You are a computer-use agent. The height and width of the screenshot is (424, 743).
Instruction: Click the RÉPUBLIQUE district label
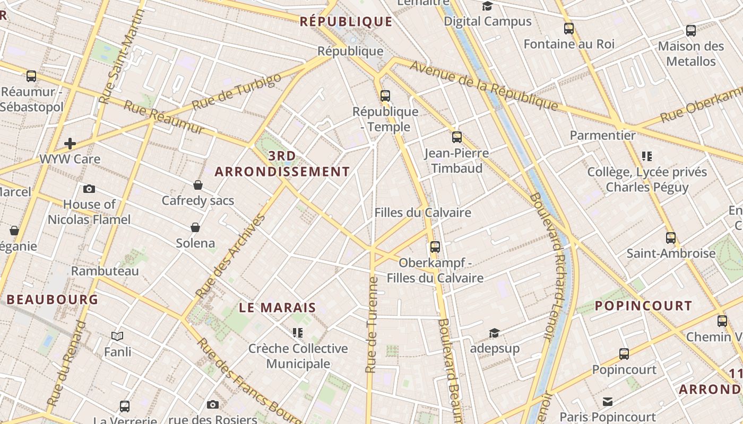tap(346, 22)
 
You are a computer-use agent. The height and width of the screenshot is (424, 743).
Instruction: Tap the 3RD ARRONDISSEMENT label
tap(282, 164)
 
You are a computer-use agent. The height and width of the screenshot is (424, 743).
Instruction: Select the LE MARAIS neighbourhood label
tap(278, 307)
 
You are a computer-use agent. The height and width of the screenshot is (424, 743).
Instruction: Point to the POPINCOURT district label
tap(643, 306)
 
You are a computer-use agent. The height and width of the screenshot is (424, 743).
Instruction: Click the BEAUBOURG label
tap(53, 299)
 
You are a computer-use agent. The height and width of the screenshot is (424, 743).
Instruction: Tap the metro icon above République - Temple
tap(385, 96)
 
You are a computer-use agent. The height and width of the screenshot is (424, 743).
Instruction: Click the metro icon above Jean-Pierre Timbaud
tap(457, 137)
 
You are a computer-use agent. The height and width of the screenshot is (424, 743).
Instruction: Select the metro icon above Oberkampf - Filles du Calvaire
tap(435, 246)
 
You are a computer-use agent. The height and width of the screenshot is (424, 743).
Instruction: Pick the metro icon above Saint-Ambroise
tap(671, 237)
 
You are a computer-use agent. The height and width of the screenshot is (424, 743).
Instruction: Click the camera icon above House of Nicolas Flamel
tap(89, 189)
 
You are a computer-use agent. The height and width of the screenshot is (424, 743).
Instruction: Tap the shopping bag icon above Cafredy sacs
tap(198, 185)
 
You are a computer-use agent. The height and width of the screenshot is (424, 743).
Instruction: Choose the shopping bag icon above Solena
tap(195, 227)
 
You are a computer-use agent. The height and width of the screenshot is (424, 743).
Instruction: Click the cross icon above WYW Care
tap(70, 144)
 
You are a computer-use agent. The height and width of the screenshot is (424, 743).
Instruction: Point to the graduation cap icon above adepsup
tap(494, 333)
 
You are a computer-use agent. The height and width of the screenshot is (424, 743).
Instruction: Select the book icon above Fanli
tap(117, 336)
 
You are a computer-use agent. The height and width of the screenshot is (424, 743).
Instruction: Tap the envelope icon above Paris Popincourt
tap(608, 401)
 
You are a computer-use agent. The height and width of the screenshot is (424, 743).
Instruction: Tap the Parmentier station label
tap(602, 135)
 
